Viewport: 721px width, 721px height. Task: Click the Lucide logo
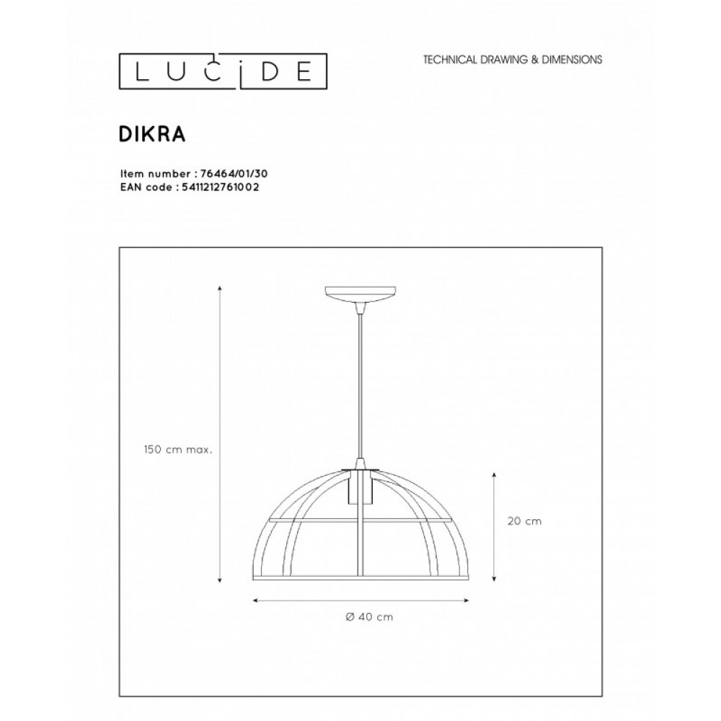coord(223,71)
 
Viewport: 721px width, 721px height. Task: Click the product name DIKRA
coord(152,134)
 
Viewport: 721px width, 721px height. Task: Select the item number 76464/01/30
coord(234,174)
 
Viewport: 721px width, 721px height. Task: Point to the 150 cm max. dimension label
coord(178,450)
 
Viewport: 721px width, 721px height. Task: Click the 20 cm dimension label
coord(525,521)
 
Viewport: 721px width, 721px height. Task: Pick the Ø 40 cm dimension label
coord(370,617)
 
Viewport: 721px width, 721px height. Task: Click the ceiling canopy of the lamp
coord(360,294)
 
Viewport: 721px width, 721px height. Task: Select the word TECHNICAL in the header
coord(450,60)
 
